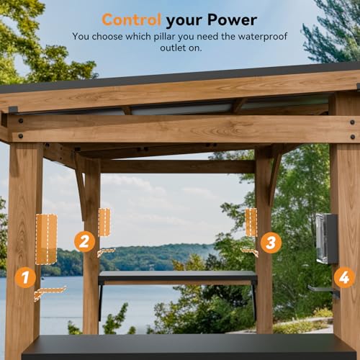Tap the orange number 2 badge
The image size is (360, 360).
click(85, 241)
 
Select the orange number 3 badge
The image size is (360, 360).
click(271, 243)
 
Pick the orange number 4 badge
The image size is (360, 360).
click(344, 277)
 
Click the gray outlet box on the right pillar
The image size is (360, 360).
click(326, 238)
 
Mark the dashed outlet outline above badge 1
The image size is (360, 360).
click(46, 239)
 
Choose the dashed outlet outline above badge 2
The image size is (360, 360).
click(104, 222)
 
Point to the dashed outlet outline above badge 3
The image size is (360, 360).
click(251, 222)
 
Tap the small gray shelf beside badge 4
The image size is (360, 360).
click(323, 289)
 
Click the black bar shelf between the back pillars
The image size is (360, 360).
click(177, 276)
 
